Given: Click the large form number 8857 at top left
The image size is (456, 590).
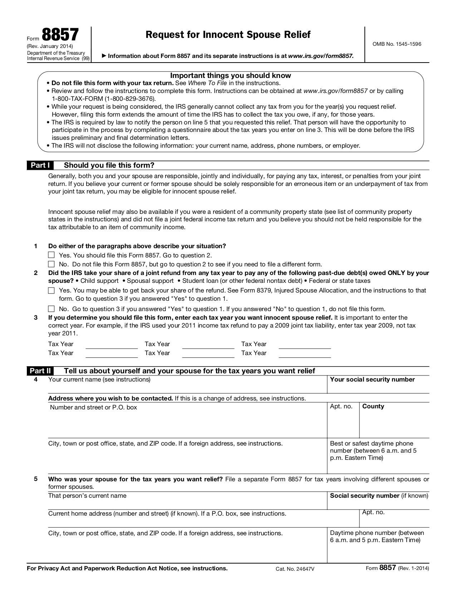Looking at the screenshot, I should click(x=60, y=35).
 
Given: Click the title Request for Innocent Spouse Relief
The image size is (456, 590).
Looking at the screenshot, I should click(x=228, y=35).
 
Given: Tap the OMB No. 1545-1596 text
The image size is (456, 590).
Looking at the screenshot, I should click(x=397, y=44).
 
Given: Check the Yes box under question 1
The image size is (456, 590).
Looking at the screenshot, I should click(x=52, y=255).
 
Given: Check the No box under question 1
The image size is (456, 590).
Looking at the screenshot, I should click(x=52, y=264).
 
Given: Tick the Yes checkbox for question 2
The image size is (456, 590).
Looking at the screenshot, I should click(x=52, y=290).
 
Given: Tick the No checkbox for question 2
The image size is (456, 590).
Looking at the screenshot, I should click(x=52, y=309).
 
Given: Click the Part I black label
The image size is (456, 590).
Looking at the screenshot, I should click(x=40, y=165).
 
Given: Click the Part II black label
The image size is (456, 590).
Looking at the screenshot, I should click(x=40, y=371).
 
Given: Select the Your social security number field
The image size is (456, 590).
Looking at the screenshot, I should click(x=378, y=387).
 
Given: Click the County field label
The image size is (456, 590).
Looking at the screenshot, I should click(x=373, y=406).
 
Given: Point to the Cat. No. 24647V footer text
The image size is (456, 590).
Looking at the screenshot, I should click(x=295, y=569).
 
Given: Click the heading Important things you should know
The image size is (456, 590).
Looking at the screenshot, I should click(x=230, y=75).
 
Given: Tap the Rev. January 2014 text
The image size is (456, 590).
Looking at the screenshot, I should click(x=50, y=46).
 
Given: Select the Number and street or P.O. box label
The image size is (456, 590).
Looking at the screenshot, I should click(x=93, y=407).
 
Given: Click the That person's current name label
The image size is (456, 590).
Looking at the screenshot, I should click(x=87, y=496).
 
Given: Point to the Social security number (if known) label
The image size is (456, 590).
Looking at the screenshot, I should click(x=379, y=496).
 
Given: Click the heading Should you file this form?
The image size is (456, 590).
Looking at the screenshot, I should click(x=109, y=165).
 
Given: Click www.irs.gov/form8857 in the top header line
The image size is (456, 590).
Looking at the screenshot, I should click(x=321, y=56).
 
